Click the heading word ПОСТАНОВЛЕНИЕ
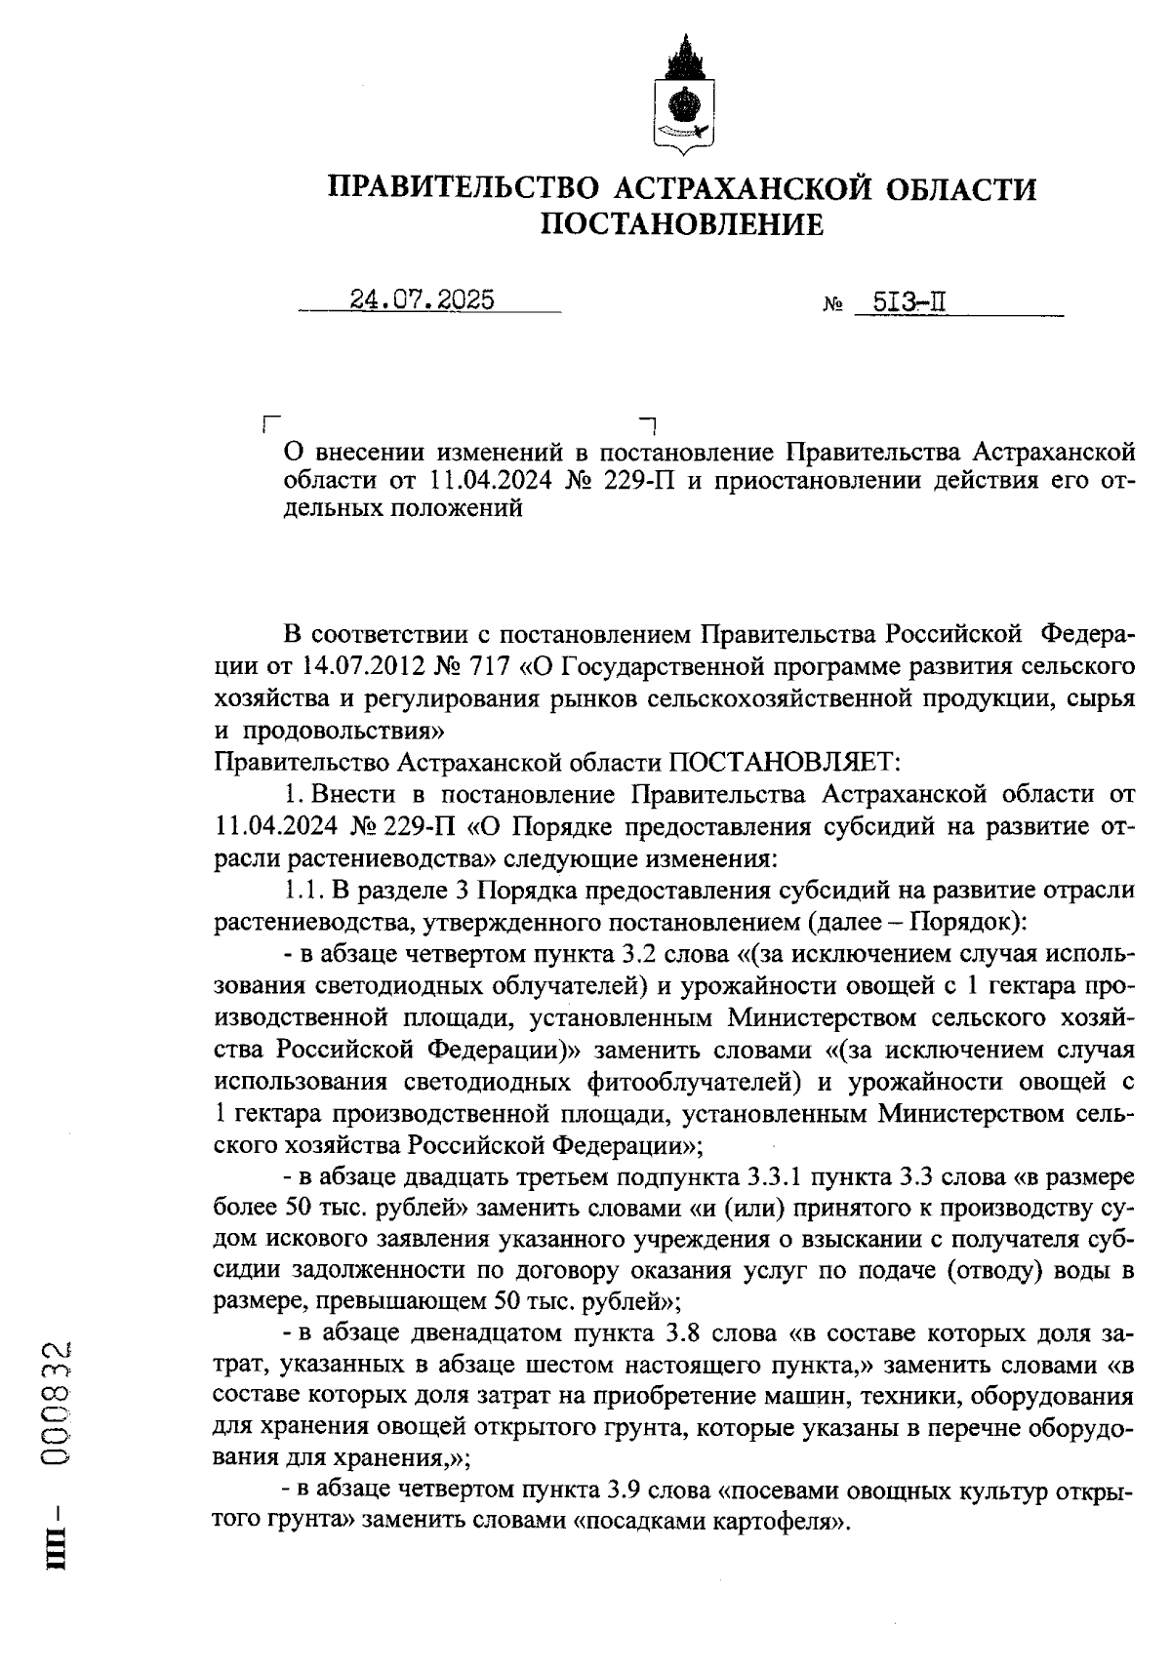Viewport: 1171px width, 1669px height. point(682,225)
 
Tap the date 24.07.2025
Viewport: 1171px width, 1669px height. point(422,299)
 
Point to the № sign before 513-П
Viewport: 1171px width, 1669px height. point(834,306)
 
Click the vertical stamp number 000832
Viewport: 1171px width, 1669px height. point(58,1405)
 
